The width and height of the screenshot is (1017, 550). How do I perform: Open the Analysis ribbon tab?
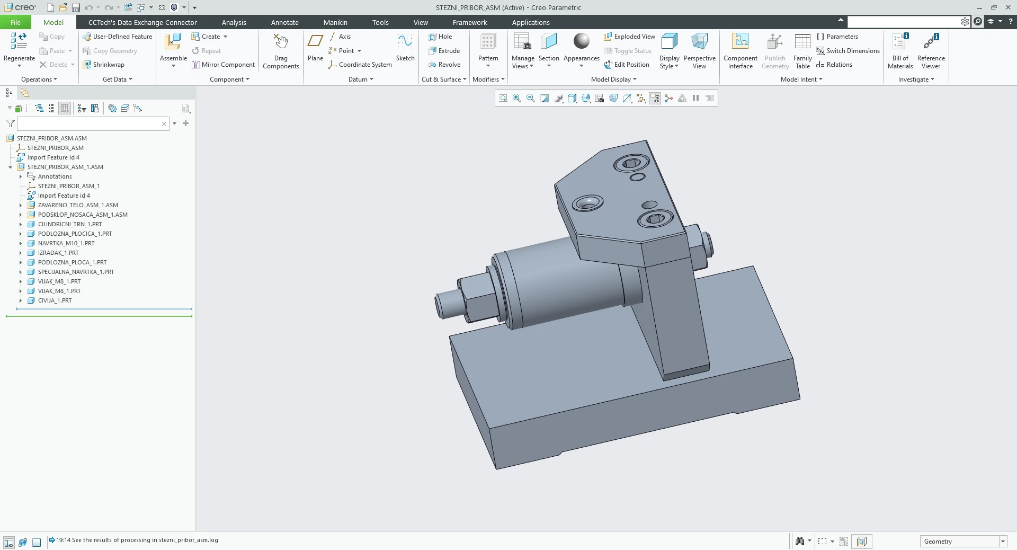pyautogui.click(x=234, y=22)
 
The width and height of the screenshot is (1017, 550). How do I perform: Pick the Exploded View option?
pyautogui.click(x=629, y=37)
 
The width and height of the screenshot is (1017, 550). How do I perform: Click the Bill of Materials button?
pyautogui.click(x=900, y=51)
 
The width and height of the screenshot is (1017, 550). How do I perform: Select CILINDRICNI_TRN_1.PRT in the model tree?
pyautogui.click(x=70, y=224)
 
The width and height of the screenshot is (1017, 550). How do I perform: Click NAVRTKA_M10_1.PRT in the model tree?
pyautogui.click(x=66, y=243)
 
